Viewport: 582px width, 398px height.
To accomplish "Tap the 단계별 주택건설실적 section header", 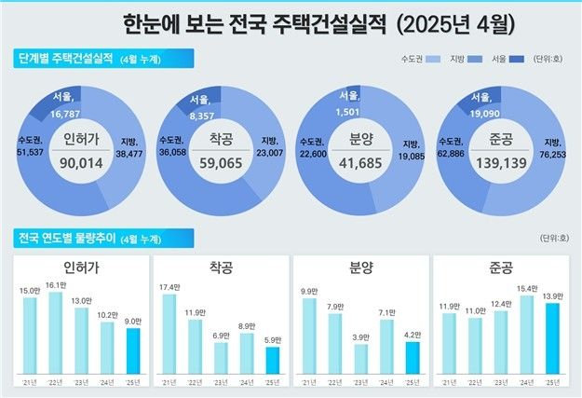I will coord(67,59).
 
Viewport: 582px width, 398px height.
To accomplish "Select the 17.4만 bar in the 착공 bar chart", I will coord(169,334).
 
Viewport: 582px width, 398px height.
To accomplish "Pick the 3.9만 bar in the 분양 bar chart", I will coord(361,357).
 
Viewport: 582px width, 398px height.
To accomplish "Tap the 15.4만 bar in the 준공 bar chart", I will coord(526,334).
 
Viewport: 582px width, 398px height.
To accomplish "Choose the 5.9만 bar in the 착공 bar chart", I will coord(272,359).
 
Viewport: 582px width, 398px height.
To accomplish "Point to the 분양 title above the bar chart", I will coord(360,267).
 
